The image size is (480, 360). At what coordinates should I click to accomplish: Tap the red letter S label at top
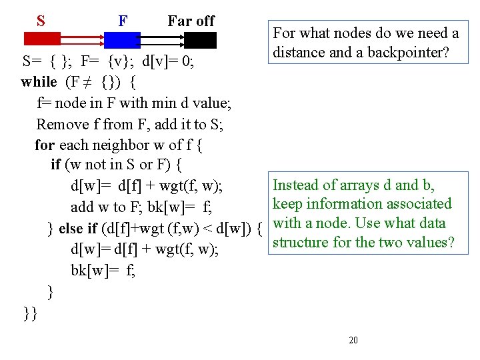point(41,21)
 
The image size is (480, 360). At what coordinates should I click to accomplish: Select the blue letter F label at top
point(123,21)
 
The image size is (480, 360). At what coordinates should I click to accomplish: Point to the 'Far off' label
point(191,21)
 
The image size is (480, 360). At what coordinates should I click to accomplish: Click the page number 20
point(353,341)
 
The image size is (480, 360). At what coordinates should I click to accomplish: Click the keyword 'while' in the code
point(39,82)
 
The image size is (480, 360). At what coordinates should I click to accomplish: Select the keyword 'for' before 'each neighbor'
point(45,145)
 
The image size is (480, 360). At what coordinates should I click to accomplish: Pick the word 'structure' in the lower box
point(301,242)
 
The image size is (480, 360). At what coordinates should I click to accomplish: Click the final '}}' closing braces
point(29,313)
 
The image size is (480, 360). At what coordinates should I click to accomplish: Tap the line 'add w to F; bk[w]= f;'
point(141,207)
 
